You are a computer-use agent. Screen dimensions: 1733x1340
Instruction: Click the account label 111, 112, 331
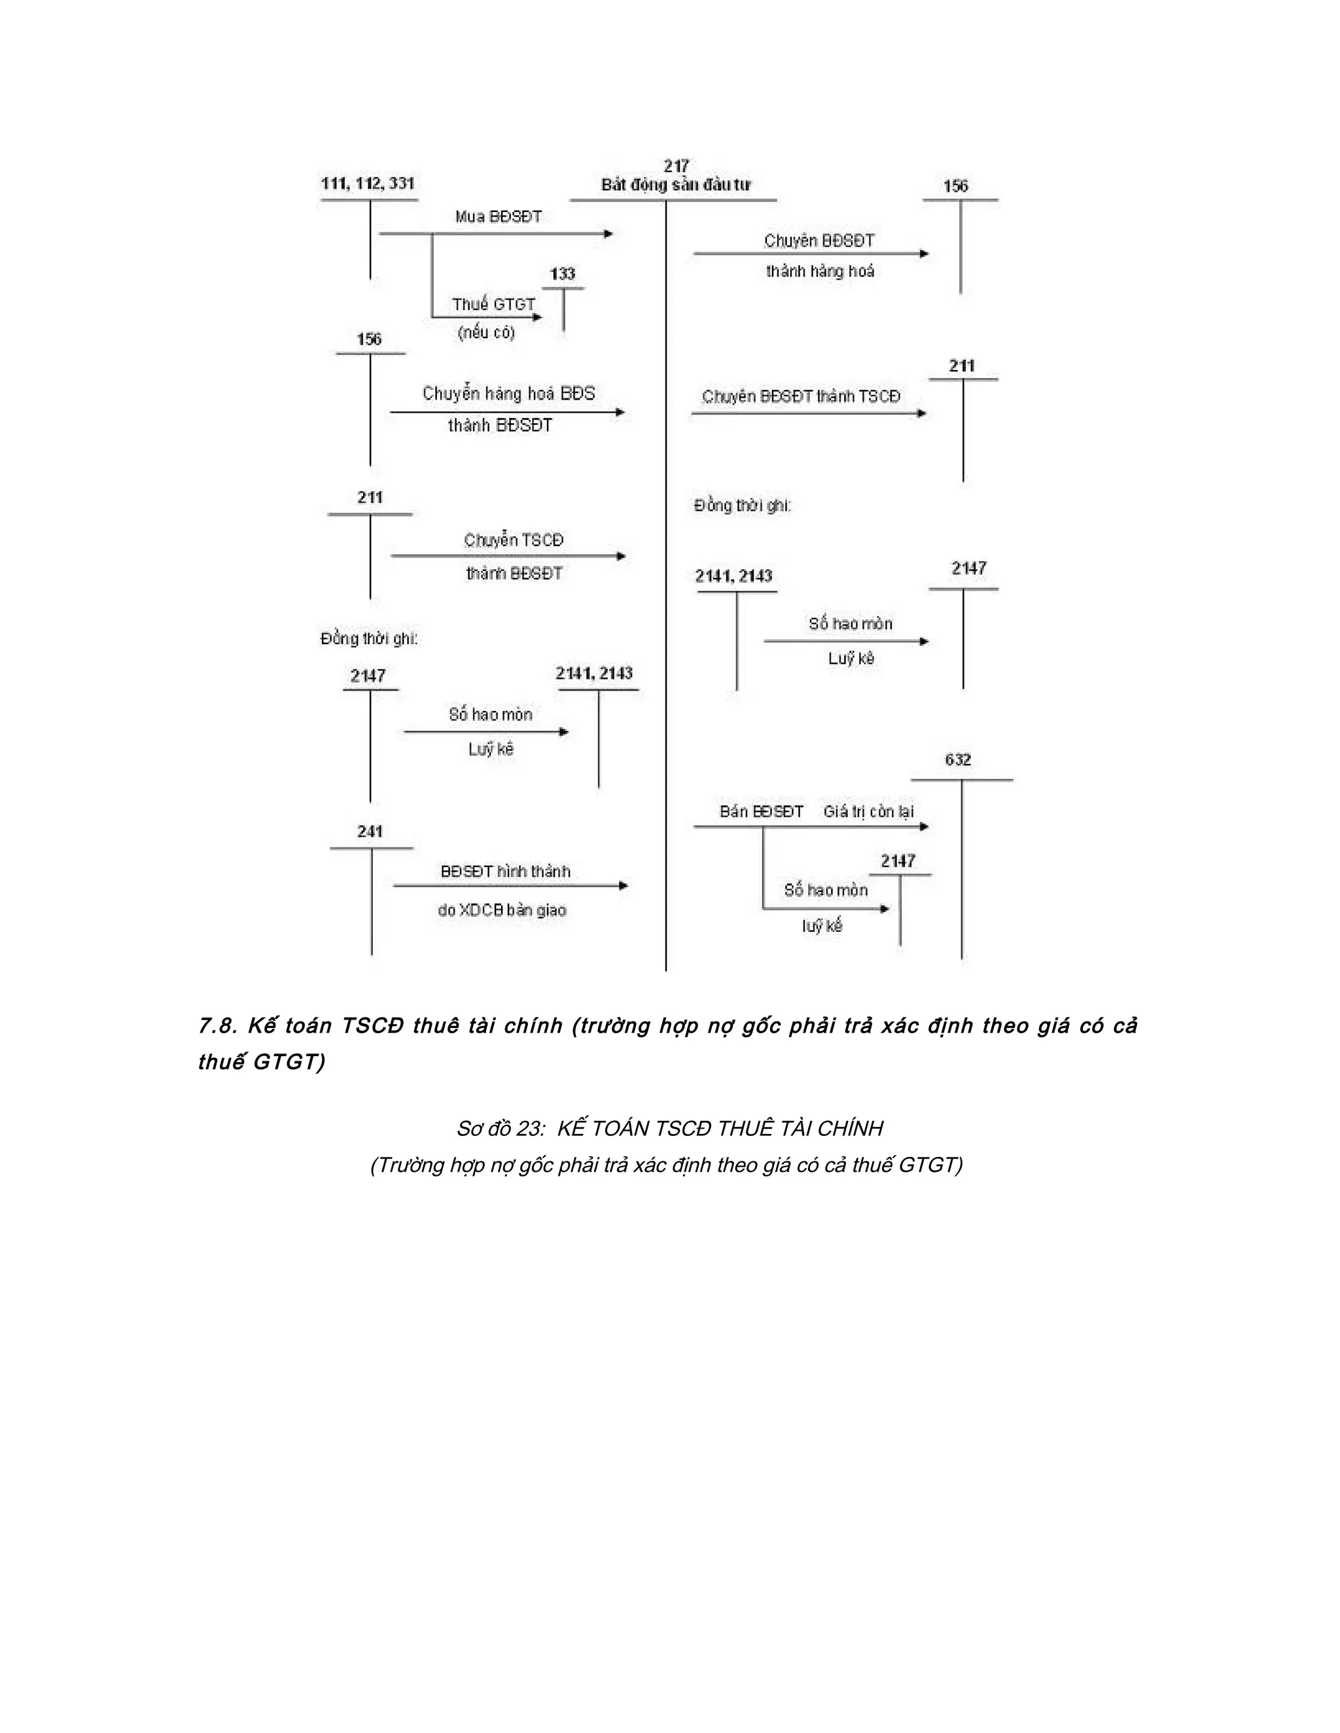(x=368, y=183)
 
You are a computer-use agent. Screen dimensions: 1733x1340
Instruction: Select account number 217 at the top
(x=677, y=166)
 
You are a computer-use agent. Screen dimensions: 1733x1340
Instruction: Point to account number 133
(x=563, y=274)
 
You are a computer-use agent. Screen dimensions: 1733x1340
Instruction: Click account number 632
(x=958, y=759)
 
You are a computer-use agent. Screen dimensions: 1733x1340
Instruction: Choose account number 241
(x=370, y=832)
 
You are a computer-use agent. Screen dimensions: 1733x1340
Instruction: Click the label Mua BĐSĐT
(x=499, y=216)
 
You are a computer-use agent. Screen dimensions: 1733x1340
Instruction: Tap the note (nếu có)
(x=486, y=332)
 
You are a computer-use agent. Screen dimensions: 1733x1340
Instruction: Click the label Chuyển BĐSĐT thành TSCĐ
(x=801, y=397)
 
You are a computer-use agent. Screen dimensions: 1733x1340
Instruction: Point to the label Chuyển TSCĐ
(x=514, y=540)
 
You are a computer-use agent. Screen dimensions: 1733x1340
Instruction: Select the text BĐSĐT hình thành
(x=506, y=871)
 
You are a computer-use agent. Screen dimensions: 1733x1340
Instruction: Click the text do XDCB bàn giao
(x=502, y=910)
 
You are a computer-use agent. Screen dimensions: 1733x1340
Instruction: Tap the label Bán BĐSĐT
(x=762, y=812)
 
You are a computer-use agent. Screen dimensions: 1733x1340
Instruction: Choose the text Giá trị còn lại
(x=868, y=812)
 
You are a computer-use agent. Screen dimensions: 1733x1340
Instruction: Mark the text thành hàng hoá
(x=820, y=271)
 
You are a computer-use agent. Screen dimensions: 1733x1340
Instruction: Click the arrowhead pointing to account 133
(x=538, y=317)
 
